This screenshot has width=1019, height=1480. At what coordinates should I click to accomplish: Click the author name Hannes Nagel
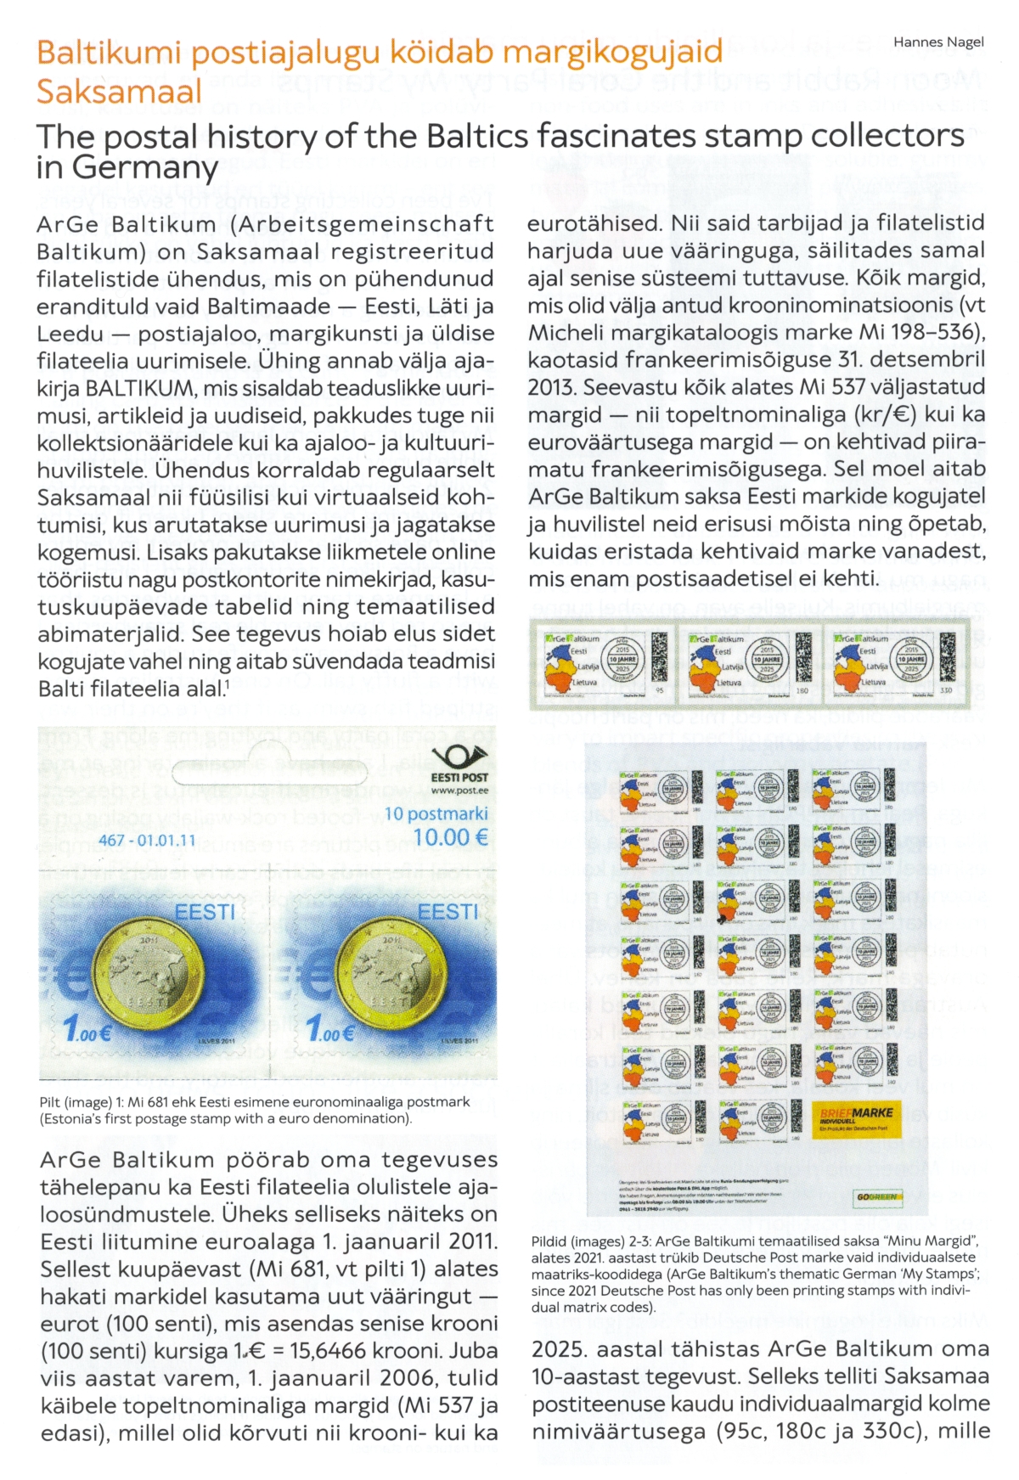tap(938, 42)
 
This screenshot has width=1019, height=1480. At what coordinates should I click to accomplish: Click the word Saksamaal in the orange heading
tap(120, 91)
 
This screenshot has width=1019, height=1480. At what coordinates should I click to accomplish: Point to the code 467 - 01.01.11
tap(148, 840)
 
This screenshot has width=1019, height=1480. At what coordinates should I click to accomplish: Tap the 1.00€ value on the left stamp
tap(87, 1031)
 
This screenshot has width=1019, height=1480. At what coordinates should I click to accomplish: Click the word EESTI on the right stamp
tap(448, 912)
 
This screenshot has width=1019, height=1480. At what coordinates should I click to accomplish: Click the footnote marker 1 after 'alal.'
tap(226, 684)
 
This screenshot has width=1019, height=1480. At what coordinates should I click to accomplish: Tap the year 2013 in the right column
tap(550, 387)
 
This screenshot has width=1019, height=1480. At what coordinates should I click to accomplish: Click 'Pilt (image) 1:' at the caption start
tap(82, 1102)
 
